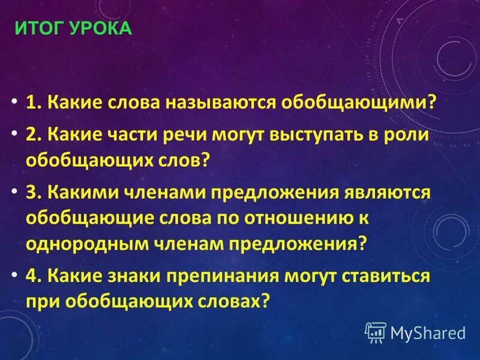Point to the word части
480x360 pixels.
pyautogui.click(x=143, y=134)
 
